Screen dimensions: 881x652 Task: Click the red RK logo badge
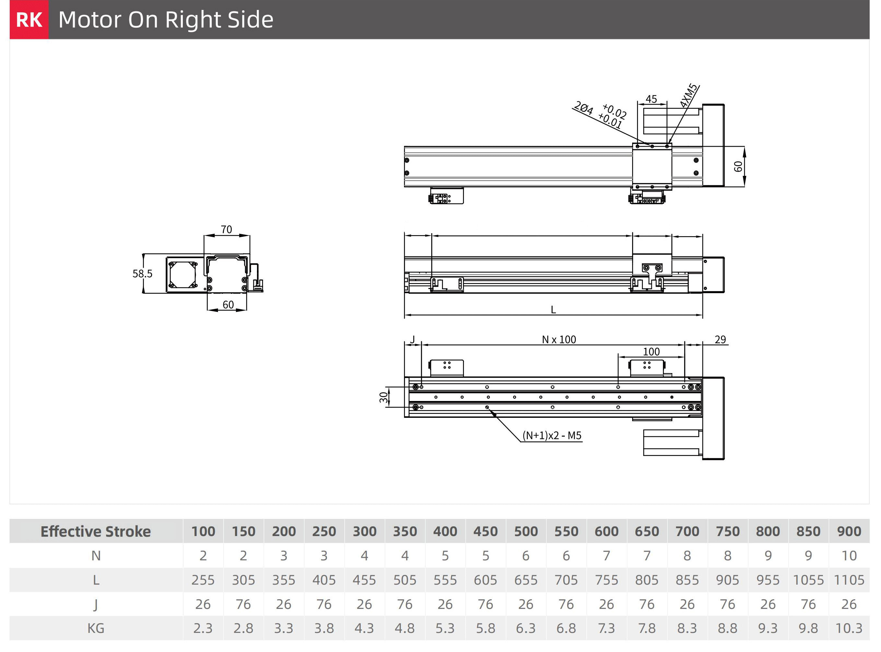[29, 19]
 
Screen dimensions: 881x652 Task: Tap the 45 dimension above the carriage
[651, 99]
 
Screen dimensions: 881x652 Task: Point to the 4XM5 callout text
[689, 96]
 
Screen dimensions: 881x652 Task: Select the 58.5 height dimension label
[142, 273]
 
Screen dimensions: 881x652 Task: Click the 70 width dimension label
[226, 229]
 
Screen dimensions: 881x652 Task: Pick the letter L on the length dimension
[553, 310]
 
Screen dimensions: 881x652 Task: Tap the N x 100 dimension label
[559, 339]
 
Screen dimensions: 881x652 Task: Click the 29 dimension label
[720, 339]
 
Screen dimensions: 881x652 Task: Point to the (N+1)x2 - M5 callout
[552, 435]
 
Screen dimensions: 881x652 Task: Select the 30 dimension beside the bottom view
[384, 397]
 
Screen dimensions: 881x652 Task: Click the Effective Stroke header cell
[96, 531]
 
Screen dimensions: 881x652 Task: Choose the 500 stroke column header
[526, 531]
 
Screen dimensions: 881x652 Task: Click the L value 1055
[808, 580]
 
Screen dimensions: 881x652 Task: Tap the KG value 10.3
[849, 628]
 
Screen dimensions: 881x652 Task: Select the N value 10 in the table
[849, 556]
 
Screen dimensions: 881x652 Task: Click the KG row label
[96, 628]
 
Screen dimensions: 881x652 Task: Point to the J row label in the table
[96, 604]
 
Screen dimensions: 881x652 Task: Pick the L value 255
[203, 580]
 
